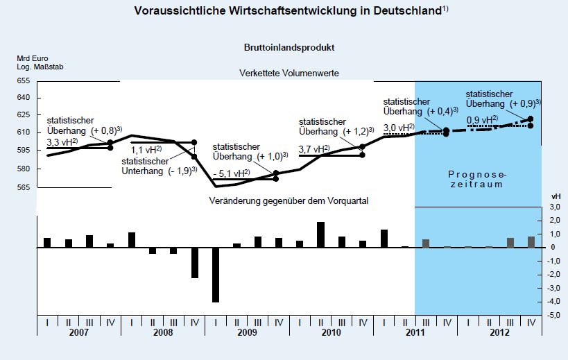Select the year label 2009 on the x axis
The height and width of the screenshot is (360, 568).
tap(248, 333)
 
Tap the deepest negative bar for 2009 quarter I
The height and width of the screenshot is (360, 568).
tap(216, 275)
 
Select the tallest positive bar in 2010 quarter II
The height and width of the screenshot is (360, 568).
tap(321, 234)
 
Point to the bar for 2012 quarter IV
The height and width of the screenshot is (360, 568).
tap(531, 241)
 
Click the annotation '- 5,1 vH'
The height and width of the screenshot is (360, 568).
tap(232, 173)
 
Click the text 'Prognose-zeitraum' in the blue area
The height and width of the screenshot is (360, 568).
tap(475, 180)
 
